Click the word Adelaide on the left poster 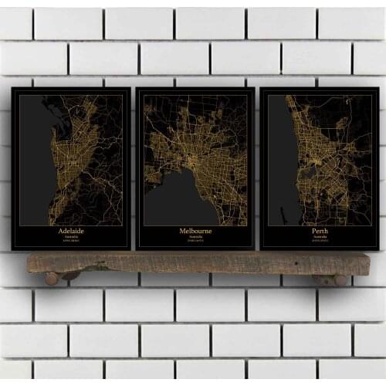70,230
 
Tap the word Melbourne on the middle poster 195,230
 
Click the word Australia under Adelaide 70,237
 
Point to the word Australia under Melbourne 195,237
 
